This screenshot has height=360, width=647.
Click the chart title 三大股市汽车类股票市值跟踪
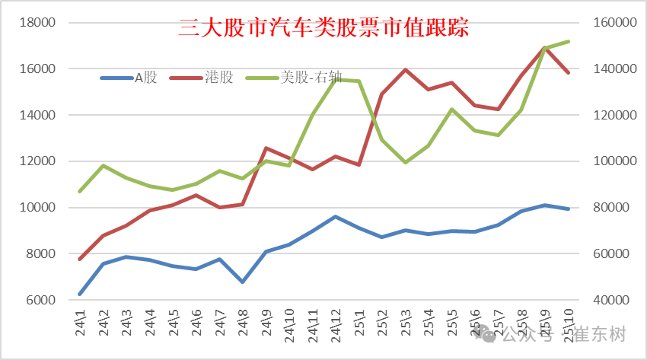tap(323, 29)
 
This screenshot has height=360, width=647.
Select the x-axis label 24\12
tap(336, 324)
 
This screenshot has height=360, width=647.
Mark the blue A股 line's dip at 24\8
tap(243, 282)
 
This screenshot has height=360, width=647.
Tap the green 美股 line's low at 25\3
tap(406, 162)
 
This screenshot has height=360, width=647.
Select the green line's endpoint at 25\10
tap(568, 41)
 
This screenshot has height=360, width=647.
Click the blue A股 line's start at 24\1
tap(80, 294)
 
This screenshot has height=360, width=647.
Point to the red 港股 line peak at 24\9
tap(266, 148)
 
